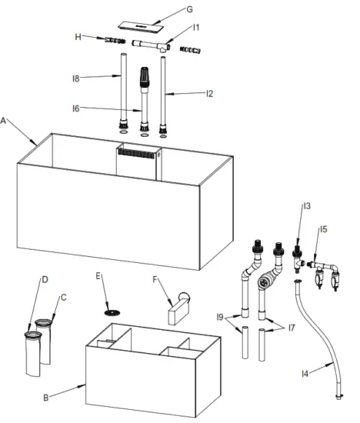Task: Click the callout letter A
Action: pos(6,121)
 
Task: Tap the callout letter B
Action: pos(46,398)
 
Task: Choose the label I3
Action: pos(306,206)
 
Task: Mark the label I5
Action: pos(323,228)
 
